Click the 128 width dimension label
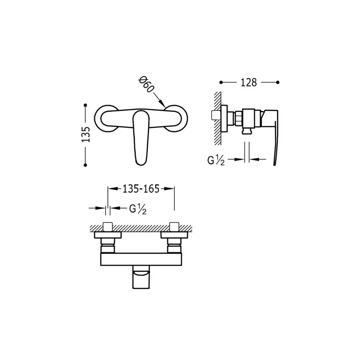[x=248, y=82]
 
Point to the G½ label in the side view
[x=216, y=161]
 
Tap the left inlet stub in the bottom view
[x=108, y=227]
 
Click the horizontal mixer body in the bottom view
[x=141, y=258]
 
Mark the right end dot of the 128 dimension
[x=278, y=82]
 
